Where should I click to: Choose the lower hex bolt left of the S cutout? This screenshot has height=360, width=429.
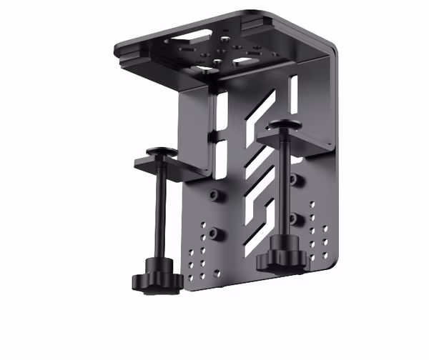click(217, 234)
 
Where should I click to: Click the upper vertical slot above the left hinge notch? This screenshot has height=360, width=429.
click(222, 114)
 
